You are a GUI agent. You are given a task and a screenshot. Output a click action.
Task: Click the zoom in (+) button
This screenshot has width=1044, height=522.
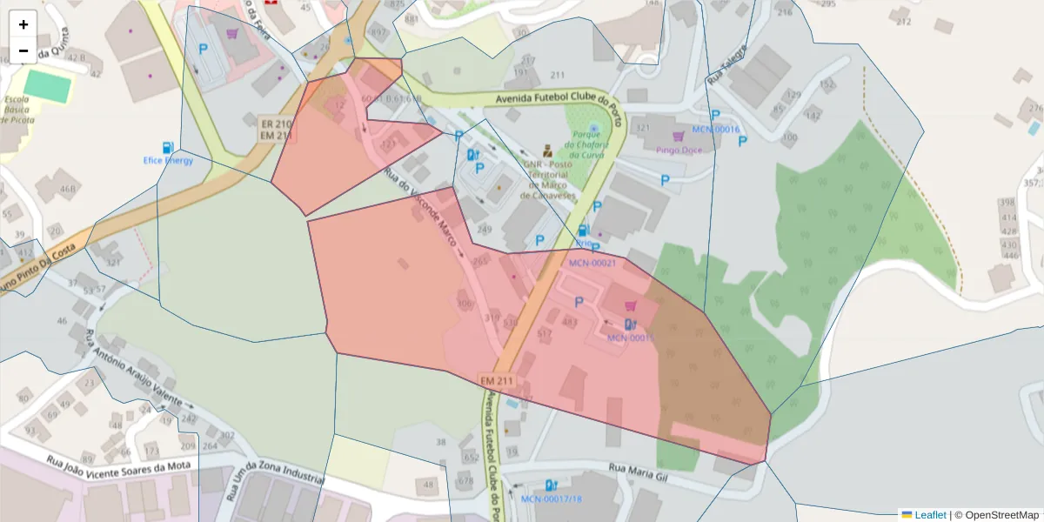(23, 24)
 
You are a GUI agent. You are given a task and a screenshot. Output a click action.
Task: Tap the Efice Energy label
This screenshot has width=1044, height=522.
(168, 160)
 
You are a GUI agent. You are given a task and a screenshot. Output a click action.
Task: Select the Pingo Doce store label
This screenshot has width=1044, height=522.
(679, 150)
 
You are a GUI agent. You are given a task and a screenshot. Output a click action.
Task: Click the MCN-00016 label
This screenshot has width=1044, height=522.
(715, 130)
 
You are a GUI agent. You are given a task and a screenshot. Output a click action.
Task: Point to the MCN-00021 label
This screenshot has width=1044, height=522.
(592, 263)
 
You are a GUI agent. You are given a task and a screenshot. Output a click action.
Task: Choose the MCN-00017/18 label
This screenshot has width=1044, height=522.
(551, 499)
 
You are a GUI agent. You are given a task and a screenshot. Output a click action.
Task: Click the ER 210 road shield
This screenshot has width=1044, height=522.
(276, 124)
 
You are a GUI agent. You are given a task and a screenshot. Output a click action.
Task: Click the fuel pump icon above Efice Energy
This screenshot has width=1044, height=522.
(167, 147)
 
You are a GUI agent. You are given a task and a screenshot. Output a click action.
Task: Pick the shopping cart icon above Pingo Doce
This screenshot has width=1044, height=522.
(678, 136)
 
